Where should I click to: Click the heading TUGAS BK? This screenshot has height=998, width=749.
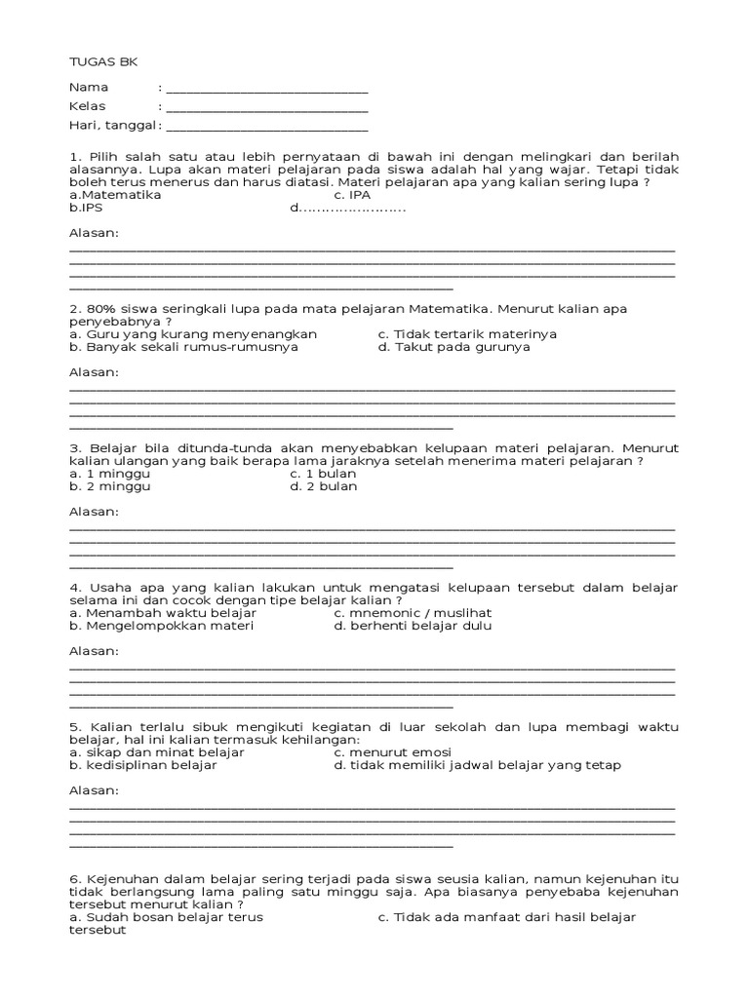point(103,61)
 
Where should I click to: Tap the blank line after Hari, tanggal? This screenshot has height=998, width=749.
point(267,129)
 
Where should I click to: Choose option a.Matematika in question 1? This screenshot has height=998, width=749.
point(115,194)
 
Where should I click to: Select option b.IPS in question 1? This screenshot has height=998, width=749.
point(86,208)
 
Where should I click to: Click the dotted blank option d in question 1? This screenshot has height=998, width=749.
point(347,208)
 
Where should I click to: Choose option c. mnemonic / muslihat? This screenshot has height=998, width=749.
point(413,612)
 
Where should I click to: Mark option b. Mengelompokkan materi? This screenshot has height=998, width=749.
point(161,626)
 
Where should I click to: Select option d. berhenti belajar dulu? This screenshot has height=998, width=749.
point(413,626)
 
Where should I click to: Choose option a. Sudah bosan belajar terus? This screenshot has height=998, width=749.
point(166,917)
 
